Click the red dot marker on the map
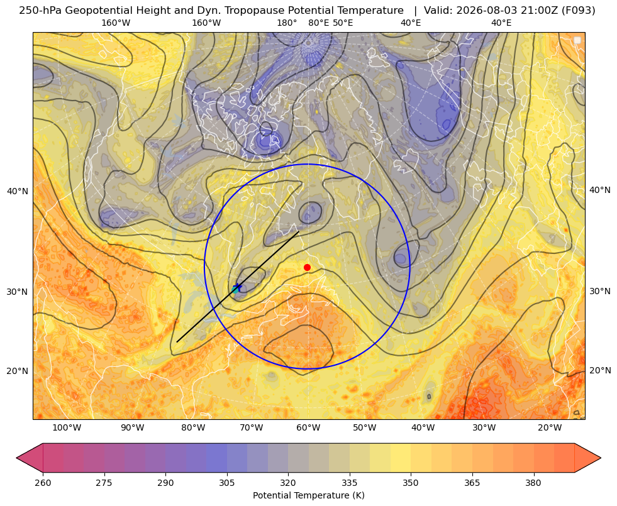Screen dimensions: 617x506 click(x=308, y=267)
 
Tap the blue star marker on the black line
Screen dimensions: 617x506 click(x=238, y=287)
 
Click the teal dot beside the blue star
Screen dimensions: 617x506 click(x=235, y=290)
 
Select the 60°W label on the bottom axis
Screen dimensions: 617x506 click(x=308, y=427)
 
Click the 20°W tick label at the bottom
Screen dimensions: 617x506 click(x=550, y=427)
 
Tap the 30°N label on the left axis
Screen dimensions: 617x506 click(x=18, y=292)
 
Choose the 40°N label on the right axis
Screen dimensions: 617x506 click(x=600, y=190)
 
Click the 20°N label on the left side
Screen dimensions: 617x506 click(x=18, y=371)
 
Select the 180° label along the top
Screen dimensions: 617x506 click(x=287, y=23)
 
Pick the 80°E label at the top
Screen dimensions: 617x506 click(x=319, y=23)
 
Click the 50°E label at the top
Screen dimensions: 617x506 click(x=343, y=23)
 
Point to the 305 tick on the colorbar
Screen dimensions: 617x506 click(x=227, y=483)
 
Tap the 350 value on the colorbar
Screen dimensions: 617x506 click(x=411, y=483)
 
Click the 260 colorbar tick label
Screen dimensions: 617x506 click(x=43, y=483)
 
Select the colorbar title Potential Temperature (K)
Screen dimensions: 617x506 click(x=308, y=495)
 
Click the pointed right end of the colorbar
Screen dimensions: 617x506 click(x=601, y=458)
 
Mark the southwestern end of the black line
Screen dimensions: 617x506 click(x=177, y=342)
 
